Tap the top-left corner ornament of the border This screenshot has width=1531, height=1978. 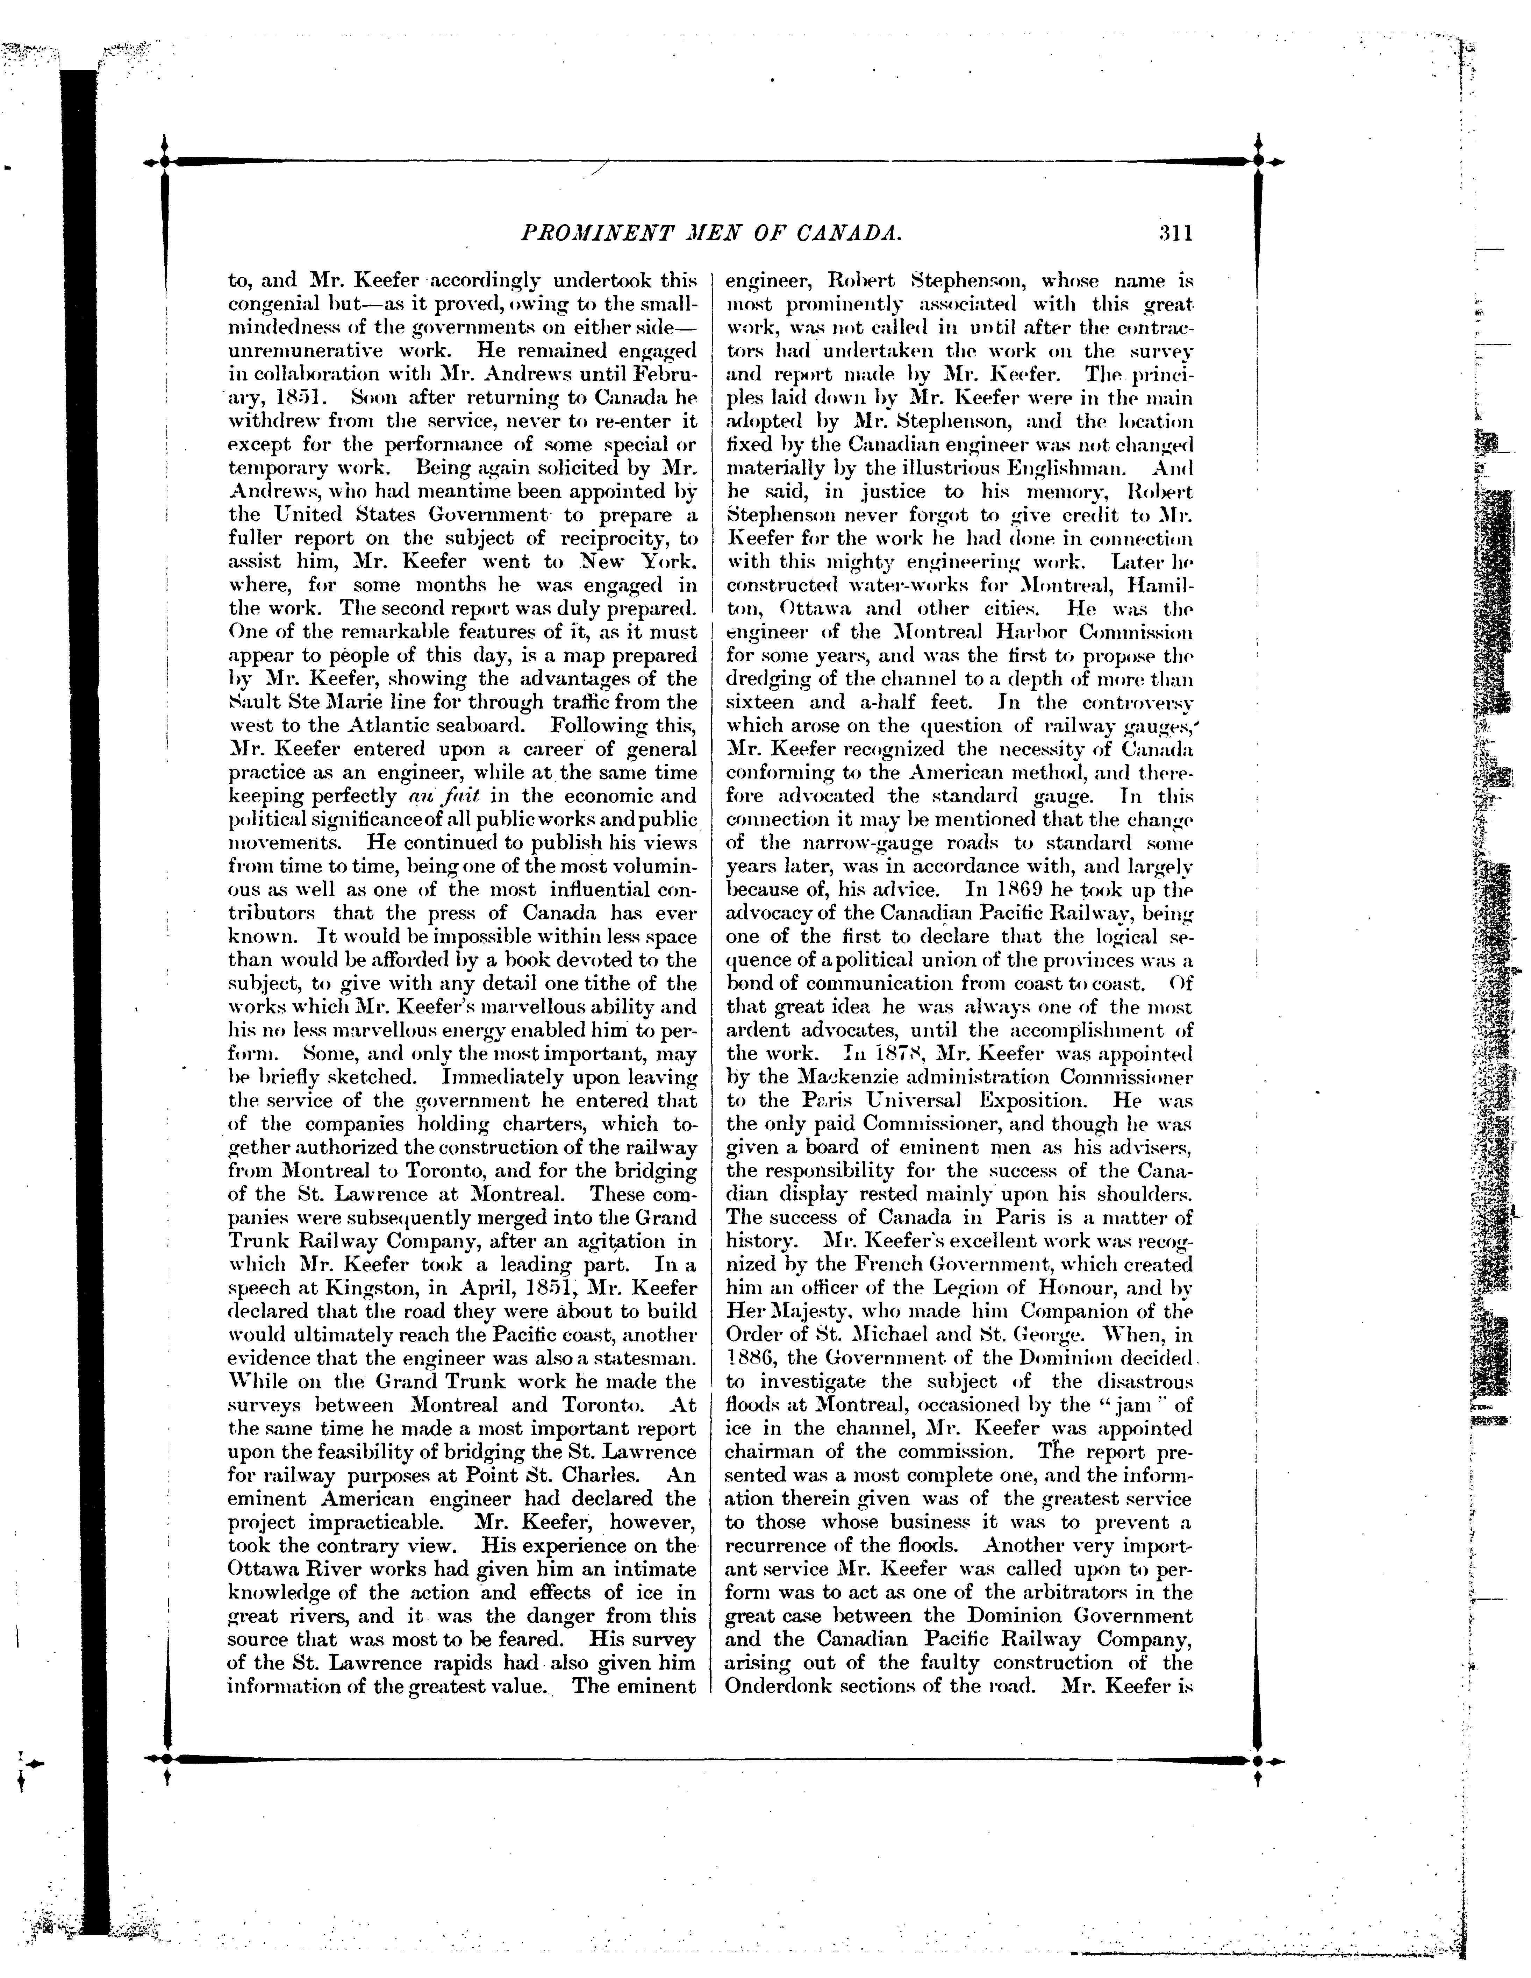pos(164,161)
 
